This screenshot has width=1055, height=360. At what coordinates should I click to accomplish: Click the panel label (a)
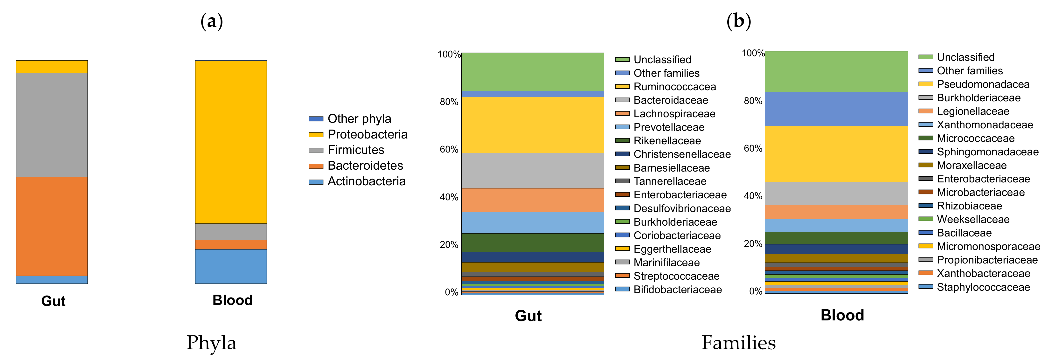click(212, 21)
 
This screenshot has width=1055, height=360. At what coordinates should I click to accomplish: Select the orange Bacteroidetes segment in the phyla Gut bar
click(52, 226)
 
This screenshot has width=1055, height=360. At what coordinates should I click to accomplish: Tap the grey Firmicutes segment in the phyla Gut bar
click(52, 125)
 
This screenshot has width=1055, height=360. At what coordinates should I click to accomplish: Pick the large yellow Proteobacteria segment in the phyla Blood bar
click(231, 142)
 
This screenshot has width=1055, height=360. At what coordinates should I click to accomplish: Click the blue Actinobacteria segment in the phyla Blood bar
click(231, 266)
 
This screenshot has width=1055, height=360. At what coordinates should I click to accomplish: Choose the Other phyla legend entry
click(359, 119)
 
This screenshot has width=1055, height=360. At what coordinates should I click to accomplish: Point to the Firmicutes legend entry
click(355, 150)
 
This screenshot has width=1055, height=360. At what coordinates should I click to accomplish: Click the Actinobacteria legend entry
click(366, 181)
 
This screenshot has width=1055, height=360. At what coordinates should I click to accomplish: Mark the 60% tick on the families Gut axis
click(449, 150)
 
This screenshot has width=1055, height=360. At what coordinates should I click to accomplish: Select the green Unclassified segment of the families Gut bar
click(532, 72)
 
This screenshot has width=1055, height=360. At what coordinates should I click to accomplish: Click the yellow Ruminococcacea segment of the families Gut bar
click(532, 125)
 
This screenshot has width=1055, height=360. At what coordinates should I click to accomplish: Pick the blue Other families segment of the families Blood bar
click(836, 109)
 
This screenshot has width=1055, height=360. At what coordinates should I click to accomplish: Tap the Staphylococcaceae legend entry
click(983, 287)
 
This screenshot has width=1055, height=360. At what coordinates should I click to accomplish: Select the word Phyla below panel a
click(211, 343)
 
